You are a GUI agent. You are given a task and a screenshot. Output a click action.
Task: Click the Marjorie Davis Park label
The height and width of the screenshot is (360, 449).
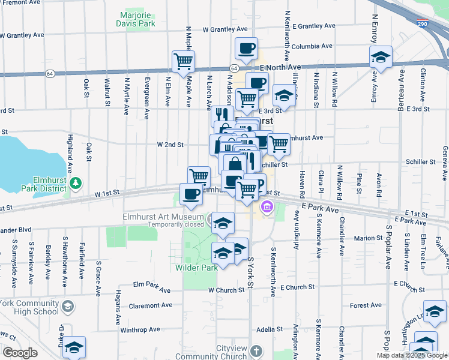click(136, 19)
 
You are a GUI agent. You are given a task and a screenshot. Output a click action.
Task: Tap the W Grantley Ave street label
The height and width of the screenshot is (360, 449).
click(225, 29)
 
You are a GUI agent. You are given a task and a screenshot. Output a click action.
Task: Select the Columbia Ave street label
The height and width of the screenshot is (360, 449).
click(312, 46)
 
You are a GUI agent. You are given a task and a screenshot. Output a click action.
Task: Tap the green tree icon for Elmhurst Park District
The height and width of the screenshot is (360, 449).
click(75, 182)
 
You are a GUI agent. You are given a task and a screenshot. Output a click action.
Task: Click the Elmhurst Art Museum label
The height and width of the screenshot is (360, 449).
click(163, 218)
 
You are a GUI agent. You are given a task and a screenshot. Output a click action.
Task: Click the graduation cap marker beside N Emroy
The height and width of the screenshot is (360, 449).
click(381, 58)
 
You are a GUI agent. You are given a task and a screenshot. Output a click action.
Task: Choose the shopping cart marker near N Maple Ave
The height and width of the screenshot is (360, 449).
click(184, 61)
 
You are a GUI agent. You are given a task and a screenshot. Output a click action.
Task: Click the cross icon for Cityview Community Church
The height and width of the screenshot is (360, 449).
click(256, 350)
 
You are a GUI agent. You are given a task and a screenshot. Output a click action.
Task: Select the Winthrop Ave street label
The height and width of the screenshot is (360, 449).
click(140, 329)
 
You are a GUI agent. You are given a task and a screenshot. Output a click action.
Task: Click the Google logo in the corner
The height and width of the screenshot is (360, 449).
click(20, 353)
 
